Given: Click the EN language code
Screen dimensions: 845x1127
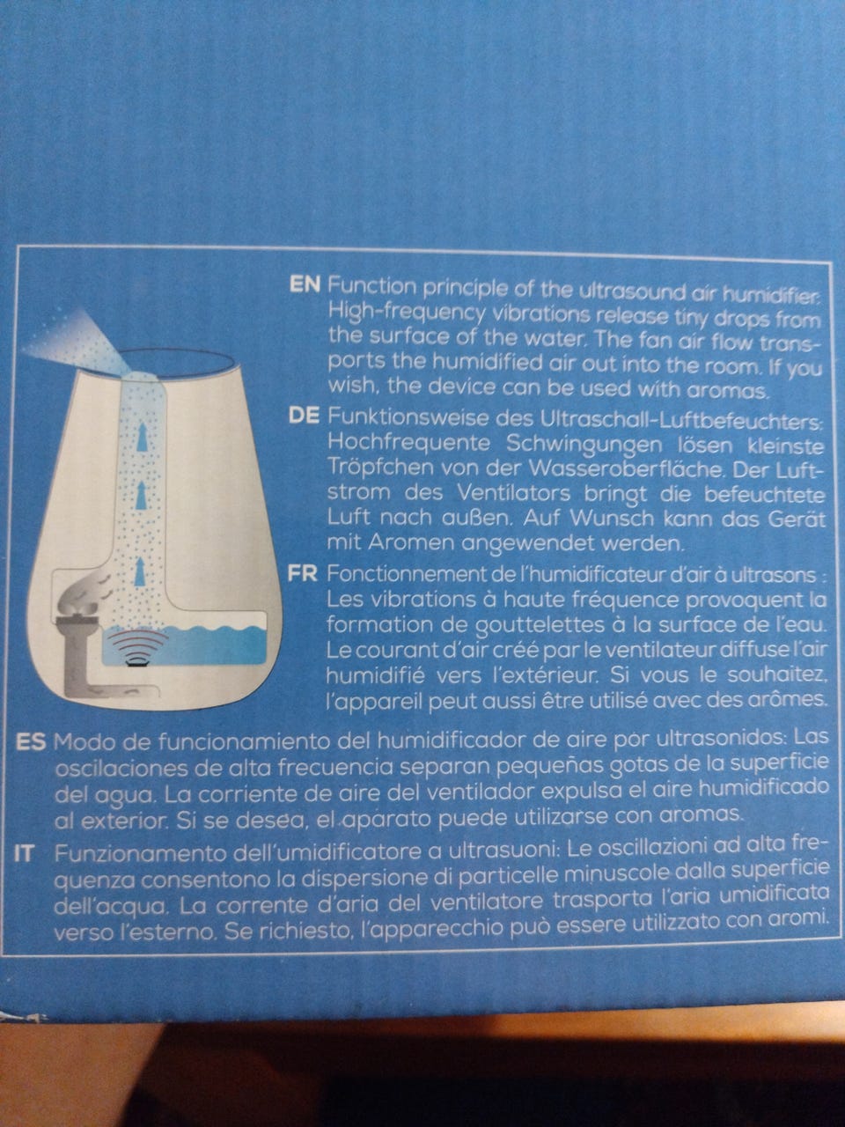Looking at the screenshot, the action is click(x=305, y=285).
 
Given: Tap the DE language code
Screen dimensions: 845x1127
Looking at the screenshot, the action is click(x=305, y=416).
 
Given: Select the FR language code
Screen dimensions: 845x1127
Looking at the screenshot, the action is click(x=303, y=573).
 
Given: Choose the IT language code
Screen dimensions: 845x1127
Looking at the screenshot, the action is click(x=24, y=853).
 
